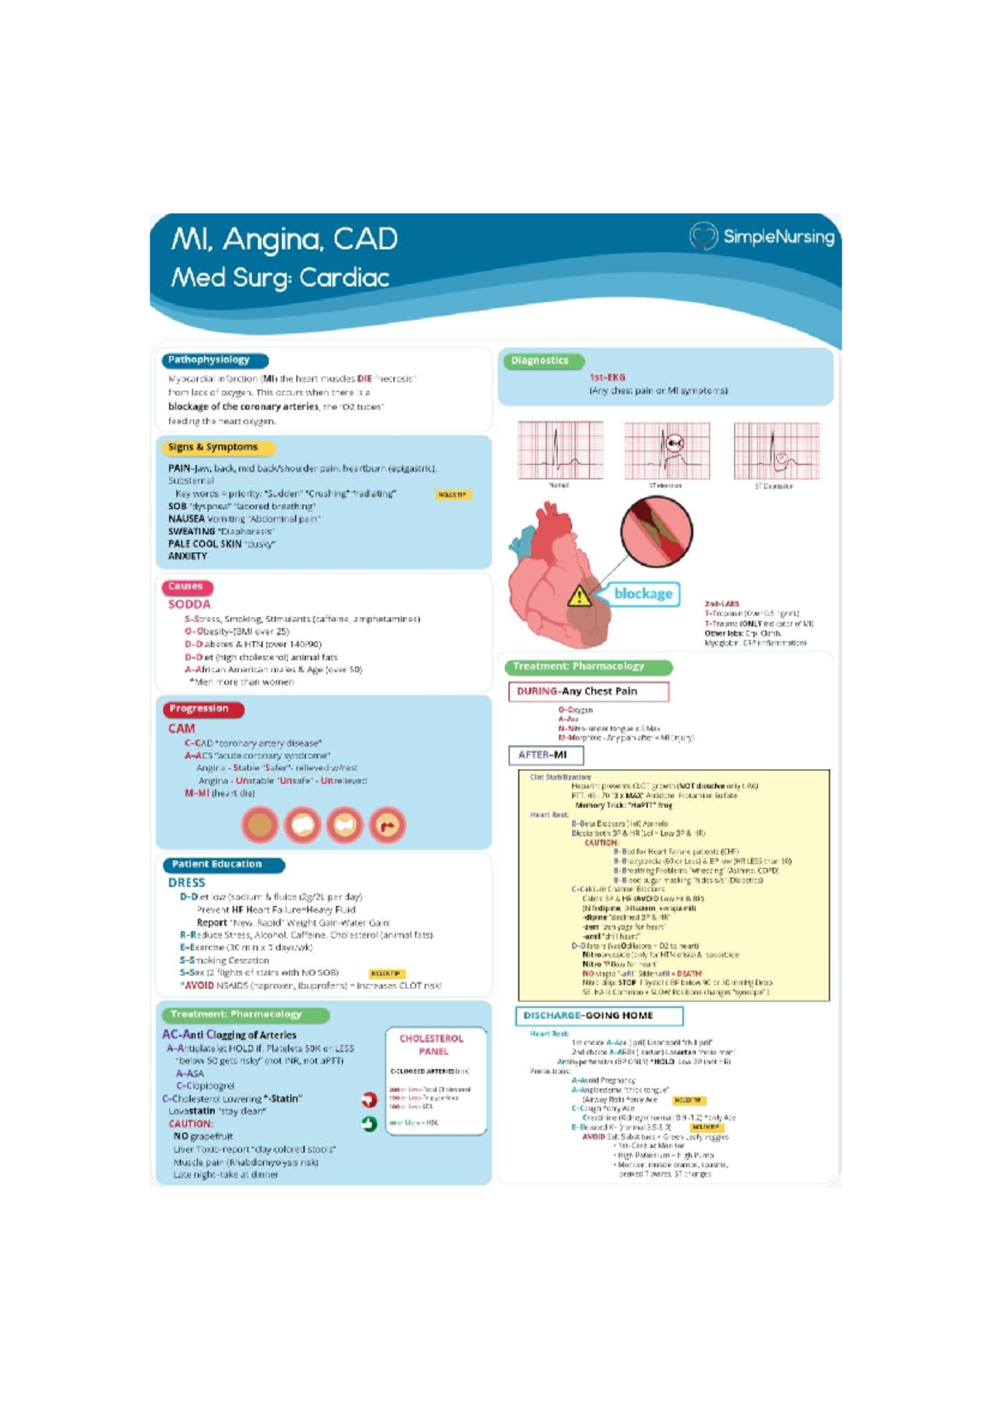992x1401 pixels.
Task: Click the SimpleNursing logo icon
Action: tap(703, 236)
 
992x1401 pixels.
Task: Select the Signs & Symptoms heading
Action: tap(213, 447)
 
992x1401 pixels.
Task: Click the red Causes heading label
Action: tap(186, 587)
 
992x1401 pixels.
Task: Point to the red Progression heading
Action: tap(201, 709)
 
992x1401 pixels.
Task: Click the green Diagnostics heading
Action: tap(541, 361)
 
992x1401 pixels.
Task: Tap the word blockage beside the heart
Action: tap(643, 593)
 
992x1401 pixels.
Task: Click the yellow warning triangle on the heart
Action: tap(579, 596)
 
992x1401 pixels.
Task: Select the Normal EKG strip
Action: tap(560, 450)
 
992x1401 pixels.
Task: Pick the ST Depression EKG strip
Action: tap(775, 450)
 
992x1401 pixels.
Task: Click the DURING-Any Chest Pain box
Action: tap(588, 691)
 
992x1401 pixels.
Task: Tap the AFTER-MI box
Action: tap(545, 755)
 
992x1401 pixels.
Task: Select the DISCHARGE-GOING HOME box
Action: tap(599, 1015)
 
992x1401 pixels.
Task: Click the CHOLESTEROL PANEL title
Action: tap(432, 1044)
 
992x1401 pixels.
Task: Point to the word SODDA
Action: tap(189, 605)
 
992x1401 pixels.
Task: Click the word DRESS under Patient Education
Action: tap(187, 882)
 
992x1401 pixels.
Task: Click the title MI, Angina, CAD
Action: tap(284, 240)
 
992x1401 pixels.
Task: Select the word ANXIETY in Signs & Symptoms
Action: tap(188, 557)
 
